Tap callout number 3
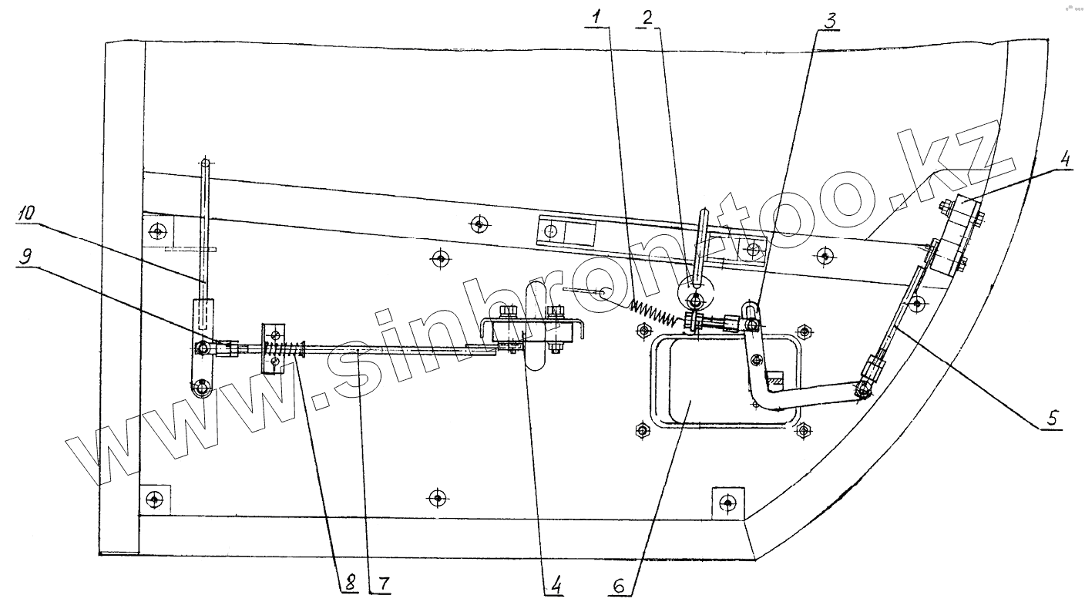point(829,21)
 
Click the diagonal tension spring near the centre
point(653,311)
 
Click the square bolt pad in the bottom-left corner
point(155,499)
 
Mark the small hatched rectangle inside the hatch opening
point(774,380)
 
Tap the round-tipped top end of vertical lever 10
point(205,163)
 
